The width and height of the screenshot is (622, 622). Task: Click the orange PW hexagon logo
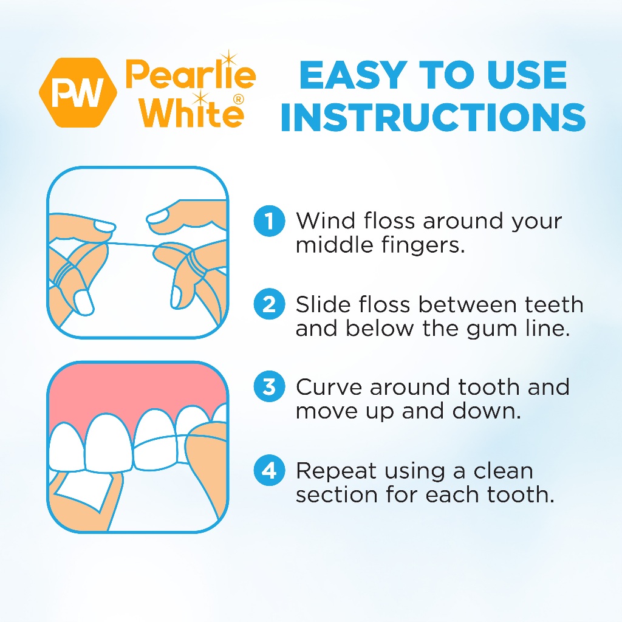click(x=78, y=92)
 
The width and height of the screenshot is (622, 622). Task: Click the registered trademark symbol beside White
click(x=238, y=100)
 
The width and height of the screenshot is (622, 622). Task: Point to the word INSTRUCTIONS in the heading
click(x=432, y=117)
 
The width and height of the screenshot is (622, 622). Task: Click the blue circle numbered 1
click(x=269, y=220)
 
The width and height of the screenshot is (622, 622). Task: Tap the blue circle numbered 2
click(x=269, y=304)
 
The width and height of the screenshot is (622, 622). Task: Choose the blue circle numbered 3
click(x=269, y=387)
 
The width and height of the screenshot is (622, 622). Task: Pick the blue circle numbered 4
click(x=269, y=471)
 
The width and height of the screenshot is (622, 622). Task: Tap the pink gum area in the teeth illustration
click(x=135, y=393)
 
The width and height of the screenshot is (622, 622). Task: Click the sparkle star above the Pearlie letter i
click(x=228, y=59)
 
